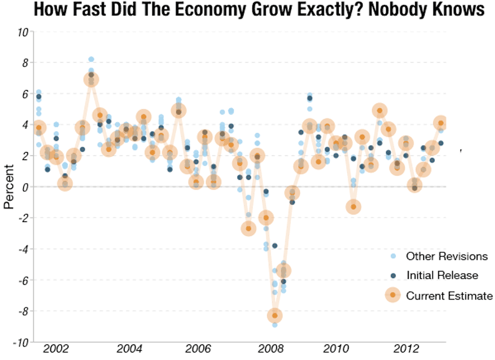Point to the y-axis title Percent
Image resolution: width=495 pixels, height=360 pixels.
click(x=9, y=187)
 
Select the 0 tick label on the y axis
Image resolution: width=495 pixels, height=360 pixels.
click(x=25, y=187)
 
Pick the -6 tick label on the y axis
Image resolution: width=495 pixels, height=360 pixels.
click(x=23, y=280)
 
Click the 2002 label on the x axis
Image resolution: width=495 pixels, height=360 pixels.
click(x=56, y=349)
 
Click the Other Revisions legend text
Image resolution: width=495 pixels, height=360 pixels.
click(x=447, y=256)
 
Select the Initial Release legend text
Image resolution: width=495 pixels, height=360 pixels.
click(x=442, y=275)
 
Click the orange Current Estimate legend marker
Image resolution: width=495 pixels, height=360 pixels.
click(x=393, y=296)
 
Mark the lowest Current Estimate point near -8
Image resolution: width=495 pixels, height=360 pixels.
click(x=275, y=315)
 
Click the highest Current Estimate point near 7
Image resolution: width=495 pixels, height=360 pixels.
click(x=91, y=80)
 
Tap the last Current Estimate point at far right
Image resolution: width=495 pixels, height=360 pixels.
click(x=441, y=123)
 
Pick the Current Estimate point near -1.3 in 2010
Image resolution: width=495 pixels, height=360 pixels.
click(x=354, y=207)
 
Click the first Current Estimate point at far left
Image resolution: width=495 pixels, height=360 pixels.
click(x=38, y=128)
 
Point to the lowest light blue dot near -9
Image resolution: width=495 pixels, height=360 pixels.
click(x=275, y=325)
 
